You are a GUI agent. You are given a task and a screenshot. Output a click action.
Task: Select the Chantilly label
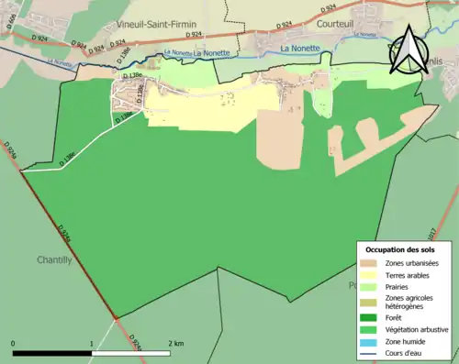(x=53, y=259)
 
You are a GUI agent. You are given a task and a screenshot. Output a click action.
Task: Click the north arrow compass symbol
(x=408, y=50)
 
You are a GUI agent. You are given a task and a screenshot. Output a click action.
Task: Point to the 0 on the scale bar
(x=14, y=344)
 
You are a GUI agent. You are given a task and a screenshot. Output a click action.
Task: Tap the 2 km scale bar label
(x=174, y=344)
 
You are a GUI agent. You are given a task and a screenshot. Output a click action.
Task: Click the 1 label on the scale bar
(x=92, y=344)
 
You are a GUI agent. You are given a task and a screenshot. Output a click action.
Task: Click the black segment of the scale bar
(x=52, y=353)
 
